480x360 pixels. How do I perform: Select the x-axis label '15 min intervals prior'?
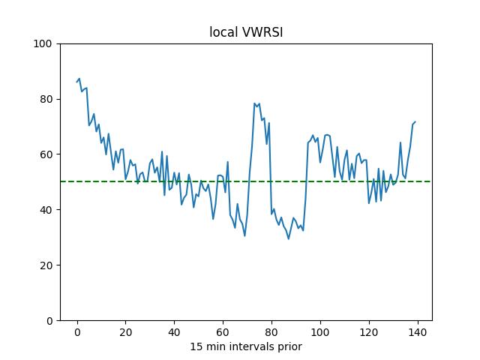[x=245, y=346]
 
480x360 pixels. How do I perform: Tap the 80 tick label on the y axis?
[x=45, y=99]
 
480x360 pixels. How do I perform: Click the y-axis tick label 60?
[x=45, y=154]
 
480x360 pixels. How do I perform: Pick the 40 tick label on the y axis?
[x=45, y=210]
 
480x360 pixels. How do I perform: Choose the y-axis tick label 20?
[x=45, y=265]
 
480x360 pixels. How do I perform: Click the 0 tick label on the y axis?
[x=48, y=321]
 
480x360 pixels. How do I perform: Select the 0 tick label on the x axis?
[x=77, y=332]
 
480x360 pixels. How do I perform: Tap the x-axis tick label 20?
[x=125, y=332]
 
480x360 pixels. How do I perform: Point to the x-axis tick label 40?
[x=174, y=332]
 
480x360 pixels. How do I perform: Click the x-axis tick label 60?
[x=223, y=332]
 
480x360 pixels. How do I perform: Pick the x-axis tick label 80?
[x=271, y=332]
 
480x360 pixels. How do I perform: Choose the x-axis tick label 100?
[x=320, y=332]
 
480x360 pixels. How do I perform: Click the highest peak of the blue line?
[x=79, y=78]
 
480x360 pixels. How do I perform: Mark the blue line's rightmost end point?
[x=415, y=121]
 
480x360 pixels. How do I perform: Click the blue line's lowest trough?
[x=289, y=239]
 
